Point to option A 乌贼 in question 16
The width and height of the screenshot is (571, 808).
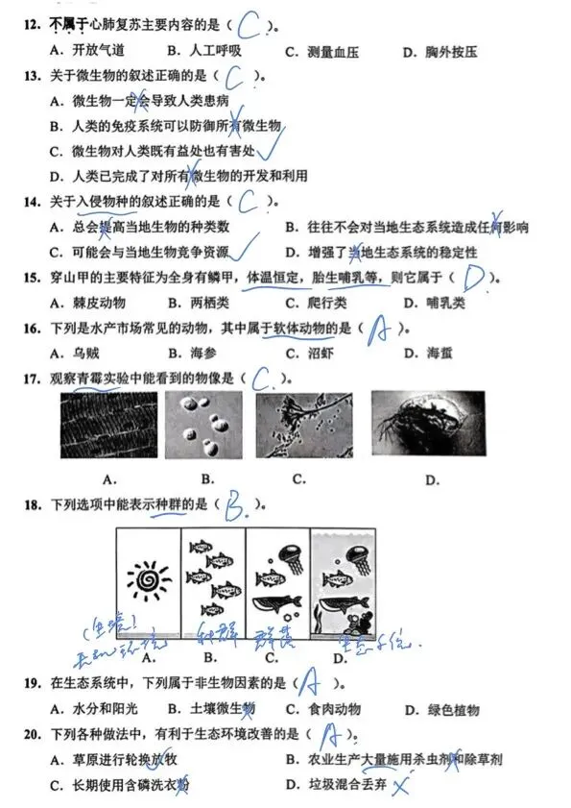coord(79,353)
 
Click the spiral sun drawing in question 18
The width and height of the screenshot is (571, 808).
coord(149,581)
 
